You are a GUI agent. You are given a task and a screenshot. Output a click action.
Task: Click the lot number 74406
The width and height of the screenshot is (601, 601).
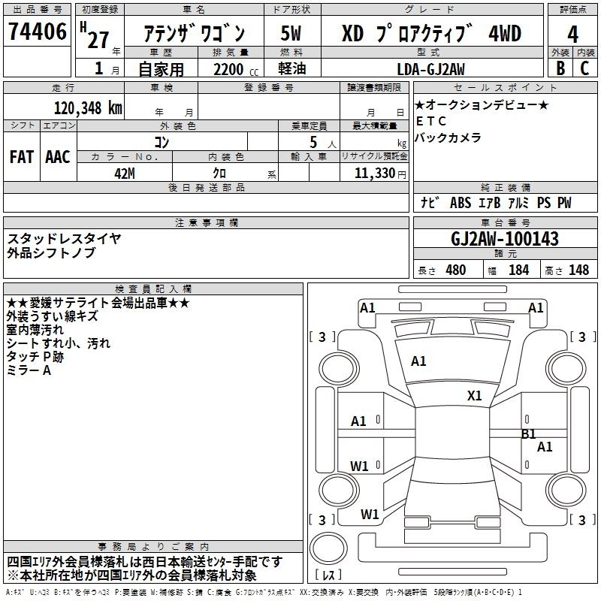37,32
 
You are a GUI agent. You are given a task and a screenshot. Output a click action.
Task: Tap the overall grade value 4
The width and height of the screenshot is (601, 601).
572,35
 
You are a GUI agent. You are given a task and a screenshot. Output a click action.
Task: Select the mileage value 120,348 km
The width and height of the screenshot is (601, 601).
88,108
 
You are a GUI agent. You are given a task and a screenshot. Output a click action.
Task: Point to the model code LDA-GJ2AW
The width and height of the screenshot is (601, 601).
430,69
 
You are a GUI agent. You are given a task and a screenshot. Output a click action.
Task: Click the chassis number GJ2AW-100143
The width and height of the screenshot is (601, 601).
505,239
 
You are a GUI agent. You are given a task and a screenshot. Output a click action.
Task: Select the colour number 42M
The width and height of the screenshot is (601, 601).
125,174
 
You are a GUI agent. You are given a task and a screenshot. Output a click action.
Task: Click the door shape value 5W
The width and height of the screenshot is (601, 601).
291,33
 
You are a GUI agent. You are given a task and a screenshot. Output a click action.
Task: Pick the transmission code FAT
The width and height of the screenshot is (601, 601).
22,157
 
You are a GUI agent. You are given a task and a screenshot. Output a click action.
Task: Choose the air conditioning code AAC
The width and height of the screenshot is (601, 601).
58,157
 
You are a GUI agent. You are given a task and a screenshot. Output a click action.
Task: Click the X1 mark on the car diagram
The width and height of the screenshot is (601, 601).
475,395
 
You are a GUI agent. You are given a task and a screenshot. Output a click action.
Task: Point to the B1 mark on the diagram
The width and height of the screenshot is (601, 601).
529,434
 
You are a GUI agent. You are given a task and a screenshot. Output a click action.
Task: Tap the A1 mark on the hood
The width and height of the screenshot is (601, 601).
418,361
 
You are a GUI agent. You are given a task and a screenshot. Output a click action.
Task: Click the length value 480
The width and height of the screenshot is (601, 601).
456,270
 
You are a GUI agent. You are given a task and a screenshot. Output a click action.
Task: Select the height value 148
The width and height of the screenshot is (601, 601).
578,270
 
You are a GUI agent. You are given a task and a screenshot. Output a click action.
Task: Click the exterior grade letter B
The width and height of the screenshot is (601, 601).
560,68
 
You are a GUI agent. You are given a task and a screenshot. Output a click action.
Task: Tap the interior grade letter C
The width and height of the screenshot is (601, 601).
585,68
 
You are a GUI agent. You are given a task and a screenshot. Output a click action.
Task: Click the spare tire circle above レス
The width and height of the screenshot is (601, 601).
328,548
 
